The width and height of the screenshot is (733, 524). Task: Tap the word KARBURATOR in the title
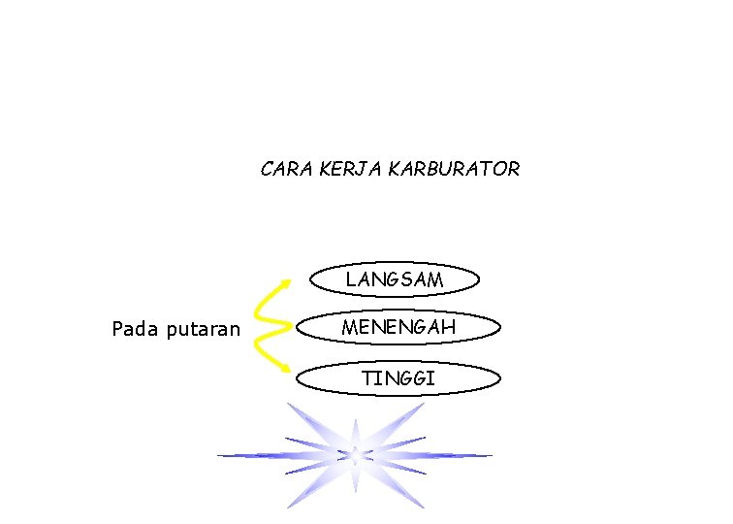click(454, 169)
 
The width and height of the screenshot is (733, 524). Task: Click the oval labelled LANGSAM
click(395, 279)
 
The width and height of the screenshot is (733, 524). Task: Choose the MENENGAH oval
click(398, 328)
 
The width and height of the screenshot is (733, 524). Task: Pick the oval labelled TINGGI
click(398, 378)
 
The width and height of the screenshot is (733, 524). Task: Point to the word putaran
click(204, 329)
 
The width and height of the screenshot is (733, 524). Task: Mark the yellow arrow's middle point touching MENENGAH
click(291, 326)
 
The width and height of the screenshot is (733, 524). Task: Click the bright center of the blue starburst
click(355, 454)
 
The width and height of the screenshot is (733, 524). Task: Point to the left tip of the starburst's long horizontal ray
click(219, 455)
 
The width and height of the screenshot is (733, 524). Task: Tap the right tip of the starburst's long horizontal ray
click(491, 455)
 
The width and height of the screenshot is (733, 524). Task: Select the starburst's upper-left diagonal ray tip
click(288, 405)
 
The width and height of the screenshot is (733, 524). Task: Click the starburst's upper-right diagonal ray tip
click(424, 405)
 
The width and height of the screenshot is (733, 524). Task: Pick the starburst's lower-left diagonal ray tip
click(288, 506)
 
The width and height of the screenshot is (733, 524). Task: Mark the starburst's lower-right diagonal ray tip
click(424, 506)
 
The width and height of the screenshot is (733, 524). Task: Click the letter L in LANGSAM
click(350, 279)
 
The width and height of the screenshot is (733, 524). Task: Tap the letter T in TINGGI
click(367, 378)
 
